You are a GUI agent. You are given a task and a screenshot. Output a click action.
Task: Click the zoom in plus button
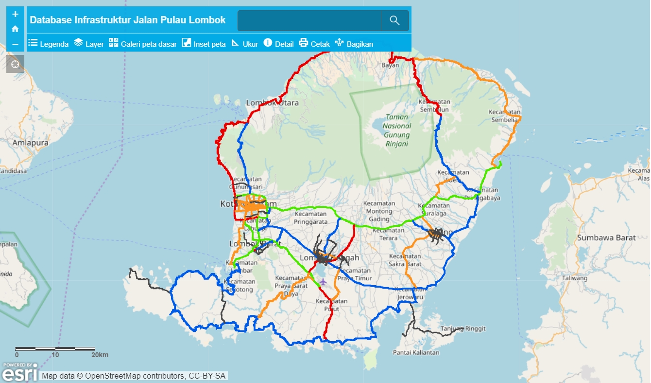point(15,14)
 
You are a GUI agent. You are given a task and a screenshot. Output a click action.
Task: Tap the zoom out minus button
point(15,44)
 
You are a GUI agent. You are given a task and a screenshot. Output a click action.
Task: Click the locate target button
point(15,64)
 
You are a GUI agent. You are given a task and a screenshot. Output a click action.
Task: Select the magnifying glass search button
point(394,20)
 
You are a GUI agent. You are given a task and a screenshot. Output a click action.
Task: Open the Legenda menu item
point(48,44)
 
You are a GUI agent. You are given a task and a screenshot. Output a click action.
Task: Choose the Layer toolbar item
point(89,44)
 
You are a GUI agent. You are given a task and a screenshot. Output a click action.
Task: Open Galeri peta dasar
point(142,44)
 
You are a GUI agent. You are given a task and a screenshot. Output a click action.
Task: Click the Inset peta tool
point(204,44)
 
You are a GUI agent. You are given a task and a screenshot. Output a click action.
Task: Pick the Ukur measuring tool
point(244,44)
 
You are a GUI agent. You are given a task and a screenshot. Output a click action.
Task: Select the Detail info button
point(278,44)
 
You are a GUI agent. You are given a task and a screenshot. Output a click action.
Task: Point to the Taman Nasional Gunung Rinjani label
point(397,130)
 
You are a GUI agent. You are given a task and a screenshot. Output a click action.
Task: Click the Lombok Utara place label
point(272,103)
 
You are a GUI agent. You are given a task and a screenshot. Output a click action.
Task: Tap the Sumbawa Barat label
point(606,238)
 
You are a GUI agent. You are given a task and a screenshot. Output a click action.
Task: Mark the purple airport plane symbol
point(323,282)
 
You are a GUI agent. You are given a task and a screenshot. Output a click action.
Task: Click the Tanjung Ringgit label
point(463,329)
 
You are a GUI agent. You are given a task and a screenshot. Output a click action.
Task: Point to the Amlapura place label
point(31,143)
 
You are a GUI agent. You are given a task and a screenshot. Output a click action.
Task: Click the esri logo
point(19,372)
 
